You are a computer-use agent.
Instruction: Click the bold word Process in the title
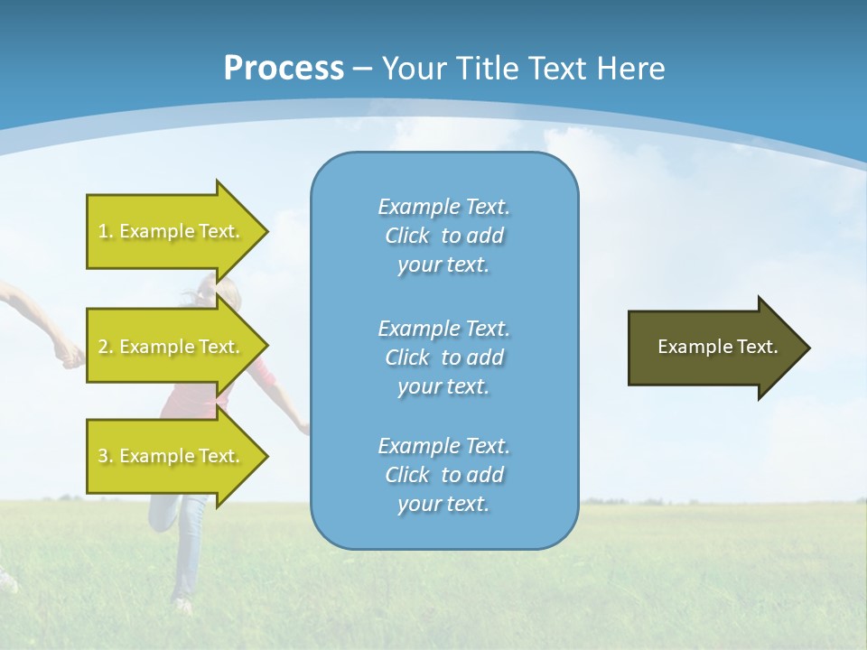click(284, 69)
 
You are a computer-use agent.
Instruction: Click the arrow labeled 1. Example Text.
click(172, 231)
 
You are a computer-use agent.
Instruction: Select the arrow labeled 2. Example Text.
click(172, 347)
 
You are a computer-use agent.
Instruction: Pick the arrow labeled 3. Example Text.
click(172, 456)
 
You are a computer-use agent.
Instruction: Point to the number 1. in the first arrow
click(106, 231)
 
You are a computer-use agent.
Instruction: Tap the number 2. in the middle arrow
click(106, 347)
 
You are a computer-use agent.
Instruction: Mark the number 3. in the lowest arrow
click(106, 456)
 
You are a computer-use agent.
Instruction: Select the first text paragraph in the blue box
click(443, 236)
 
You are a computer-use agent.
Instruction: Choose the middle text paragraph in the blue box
click(443, 357)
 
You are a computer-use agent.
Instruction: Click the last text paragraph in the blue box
click(443, 475)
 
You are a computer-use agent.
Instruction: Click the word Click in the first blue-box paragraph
click(406, 236)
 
